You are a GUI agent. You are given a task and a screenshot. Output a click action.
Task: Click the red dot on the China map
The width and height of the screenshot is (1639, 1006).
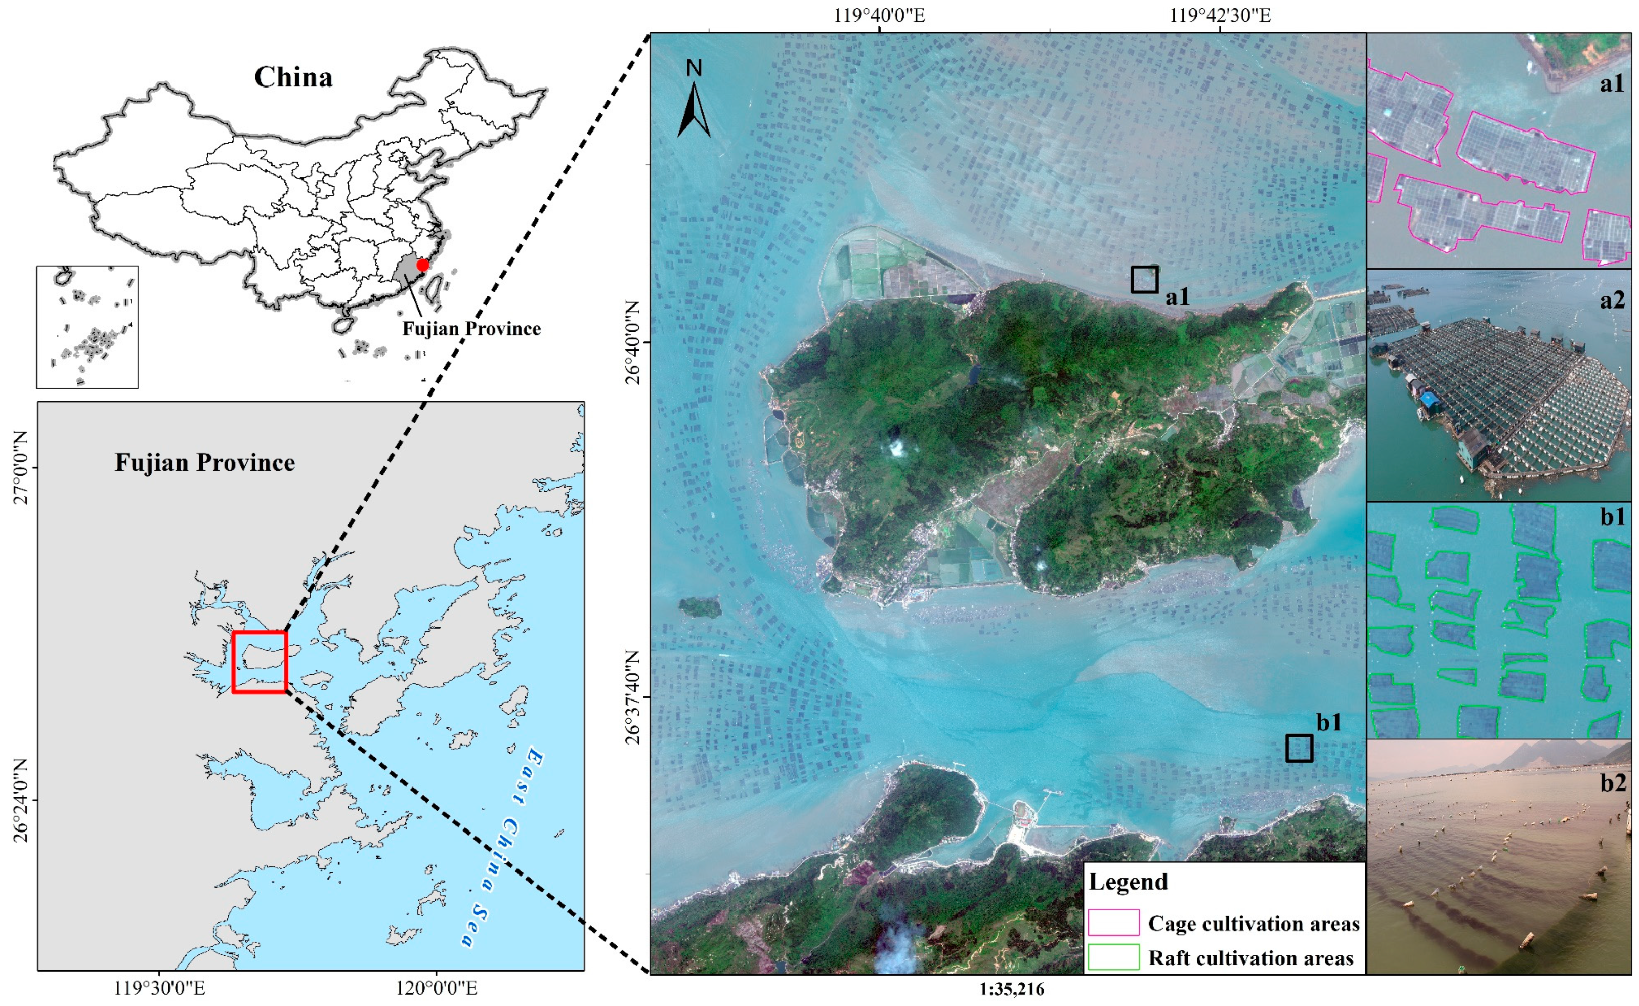pyautogui.click(x=422, y=265)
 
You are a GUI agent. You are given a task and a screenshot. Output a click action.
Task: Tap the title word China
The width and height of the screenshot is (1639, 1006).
pyautogui.click(x=293, y=78)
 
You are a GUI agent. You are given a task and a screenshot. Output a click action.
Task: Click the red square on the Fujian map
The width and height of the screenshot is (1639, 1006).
pyautogui.click(x=260, y=662)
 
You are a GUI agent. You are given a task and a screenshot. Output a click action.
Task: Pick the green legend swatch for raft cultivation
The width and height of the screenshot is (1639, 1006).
pyautogui.click(x=1113, y=957)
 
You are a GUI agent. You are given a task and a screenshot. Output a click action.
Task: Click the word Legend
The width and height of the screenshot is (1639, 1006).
pyautogui.click(x=1128, y=882)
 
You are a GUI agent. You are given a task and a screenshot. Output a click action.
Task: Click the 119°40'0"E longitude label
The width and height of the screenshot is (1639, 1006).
pyautogui.click(x=879, y=15)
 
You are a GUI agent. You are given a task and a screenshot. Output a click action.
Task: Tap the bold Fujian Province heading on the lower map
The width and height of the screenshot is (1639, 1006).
pyautogui.click(x=204, y=462)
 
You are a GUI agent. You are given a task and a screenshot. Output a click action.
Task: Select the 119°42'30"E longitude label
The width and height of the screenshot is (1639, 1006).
pyautogui.click(x=1220, y=15)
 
